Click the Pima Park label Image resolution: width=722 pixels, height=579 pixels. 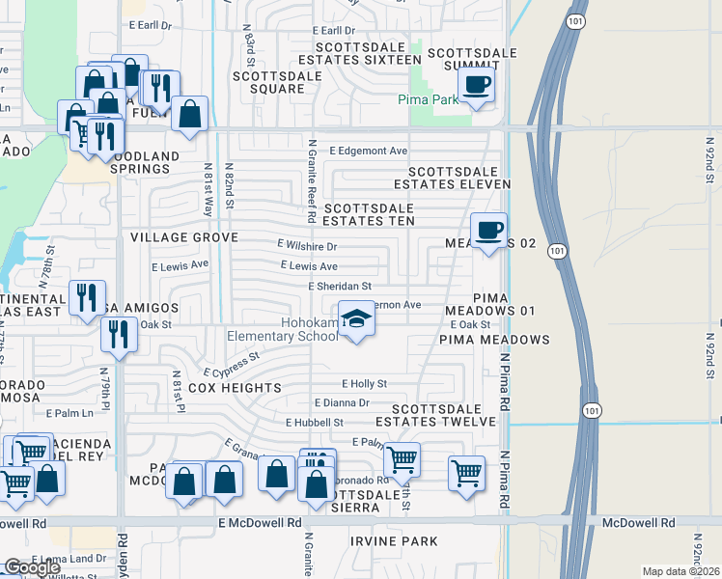(x=429, y=99)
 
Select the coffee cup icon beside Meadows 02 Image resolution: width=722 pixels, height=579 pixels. (x=488, y=231)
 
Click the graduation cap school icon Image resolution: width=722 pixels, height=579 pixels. (x=355, y=319)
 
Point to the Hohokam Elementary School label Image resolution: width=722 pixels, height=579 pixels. (x=283, y=330)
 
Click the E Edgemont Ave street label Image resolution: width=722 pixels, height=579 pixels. (x=368, y=151)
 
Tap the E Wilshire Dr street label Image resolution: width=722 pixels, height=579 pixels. (x=306, y=245)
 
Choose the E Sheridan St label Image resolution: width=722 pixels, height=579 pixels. (x=340, y=287)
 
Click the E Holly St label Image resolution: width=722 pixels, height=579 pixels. (x=363, y=383)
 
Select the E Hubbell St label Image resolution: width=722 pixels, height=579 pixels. (x=315, y=423)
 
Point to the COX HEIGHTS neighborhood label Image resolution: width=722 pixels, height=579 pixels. (x=234, y=388)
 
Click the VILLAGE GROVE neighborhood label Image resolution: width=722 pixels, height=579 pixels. (x=184, y=236)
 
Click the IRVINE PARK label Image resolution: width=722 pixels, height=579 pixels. (x=394, y=541)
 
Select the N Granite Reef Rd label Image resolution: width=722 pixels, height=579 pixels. (x=312, y=182)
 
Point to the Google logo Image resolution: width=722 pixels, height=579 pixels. (x=32, y=567)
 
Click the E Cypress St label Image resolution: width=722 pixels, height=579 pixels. (x=232, y=365)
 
